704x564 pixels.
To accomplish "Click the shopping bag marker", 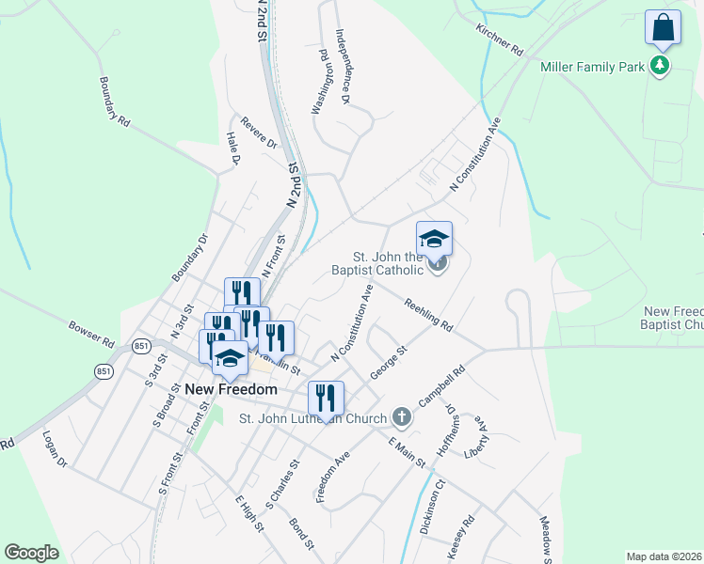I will click(x=663, y=28).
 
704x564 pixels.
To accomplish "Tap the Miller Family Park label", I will click(x=592, y=67).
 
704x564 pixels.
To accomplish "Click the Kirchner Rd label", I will click(x=499, y=40).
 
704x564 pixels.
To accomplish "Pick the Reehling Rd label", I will click(x=428, y=315).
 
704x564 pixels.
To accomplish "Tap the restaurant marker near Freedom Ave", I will click(x=326, y=399).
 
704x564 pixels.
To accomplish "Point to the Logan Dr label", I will click(x=56, y=449).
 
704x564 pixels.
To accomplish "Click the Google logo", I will click(x=31, y=553).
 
